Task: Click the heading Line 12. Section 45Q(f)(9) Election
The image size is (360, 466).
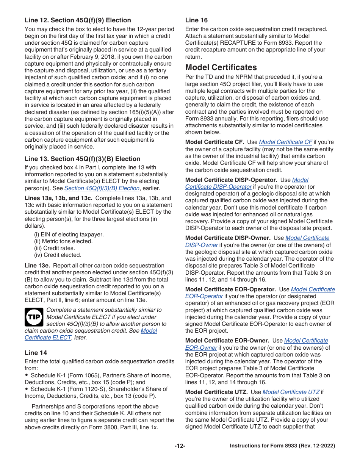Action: click(x=78, y=20)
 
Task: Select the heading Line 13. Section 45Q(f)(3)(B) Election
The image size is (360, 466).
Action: click(x=82, y=159)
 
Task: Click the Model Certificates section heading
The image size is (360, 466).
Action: click(x=221, y=67)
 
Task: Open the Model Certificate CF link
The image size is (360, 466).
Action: click(x=285, y=142)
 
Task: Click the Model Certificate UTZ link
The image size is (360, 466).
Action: click(x=291, y=392)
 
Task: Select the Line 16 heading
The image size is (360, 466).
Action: click(x=196, y=20)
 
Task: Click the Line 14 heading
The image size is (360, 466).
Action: click(x=36, y=353)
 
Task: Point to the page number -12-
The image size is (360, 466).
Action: click(x=180, y=446)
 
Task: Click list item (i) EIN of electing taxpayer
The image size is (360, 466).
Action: click(x=69, y=235)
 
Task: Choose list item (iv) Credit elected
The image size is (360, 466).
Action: click(x=58, y=255)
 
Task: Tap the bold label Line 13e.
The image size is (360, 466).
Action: click(x=37, y=266)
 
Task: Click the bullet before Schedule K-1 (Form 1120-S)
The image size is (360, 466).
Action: click(x=27, y=389)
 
